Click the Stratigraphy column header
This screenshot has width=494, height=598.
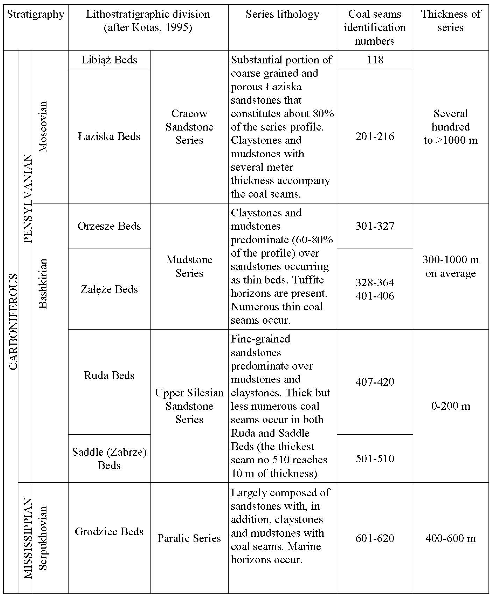[x=36, y=14]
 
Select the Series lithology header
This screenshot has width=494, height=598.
[x=282, y=14]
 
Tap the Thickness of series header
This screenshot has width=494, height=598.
[x=451, y=20]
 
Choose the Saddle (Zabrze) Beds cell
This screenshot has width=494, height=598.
[x=109, y=458]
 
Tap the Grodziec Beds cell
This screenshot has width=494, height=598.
[x=109, y=531]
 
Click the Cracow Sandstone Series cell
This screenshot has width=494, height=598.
[x=189, y=127]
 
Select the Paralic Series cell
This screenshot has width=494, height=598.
[x=189, y=538]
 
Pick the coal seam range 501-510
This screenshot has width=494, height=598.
[x=375, y=458]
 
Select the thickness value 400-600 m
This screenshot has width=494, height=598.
[x=451, y=538]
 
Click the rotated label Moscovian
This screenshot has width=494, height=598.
[x=43, y=127]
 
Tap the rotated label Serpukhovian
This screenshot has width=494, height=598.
[x=43, y=538]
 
